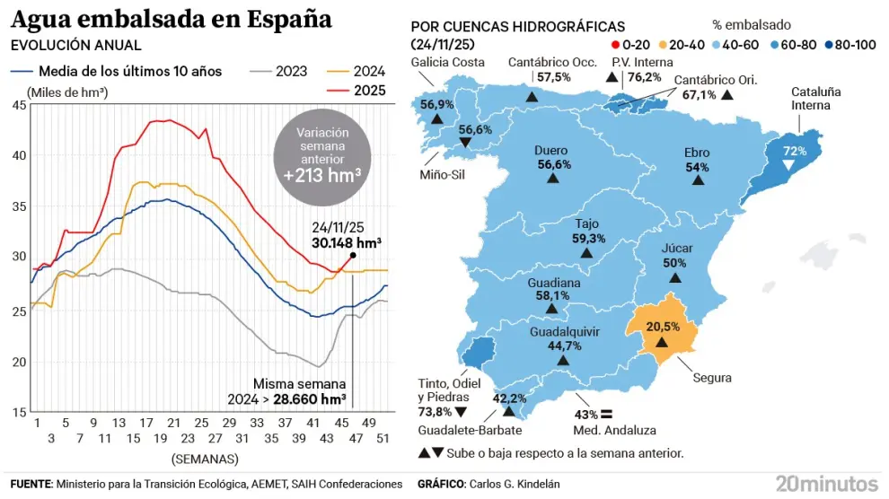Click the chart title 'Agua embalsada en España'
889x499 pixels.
pos(170,19)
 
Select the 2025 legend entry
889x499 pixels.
pos(368,91)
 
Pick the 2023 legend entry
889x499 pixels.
pos(292,72)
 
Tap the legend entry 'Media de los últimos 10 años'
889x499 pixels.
pos(129,72)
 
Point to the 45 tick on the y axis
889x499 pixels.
pos(19,105)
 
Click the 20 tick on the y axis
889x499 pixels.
pos(19,362)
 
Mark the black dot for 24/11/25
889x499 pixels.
pos(353,255)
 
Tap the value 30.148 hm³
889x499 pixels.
pos(347,242)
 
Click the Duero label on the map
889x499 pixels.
pos(550,152)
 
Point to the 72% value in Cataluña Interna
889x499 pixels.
pos(795,151)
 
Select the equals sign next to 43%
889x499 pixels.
pos(605,415)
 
